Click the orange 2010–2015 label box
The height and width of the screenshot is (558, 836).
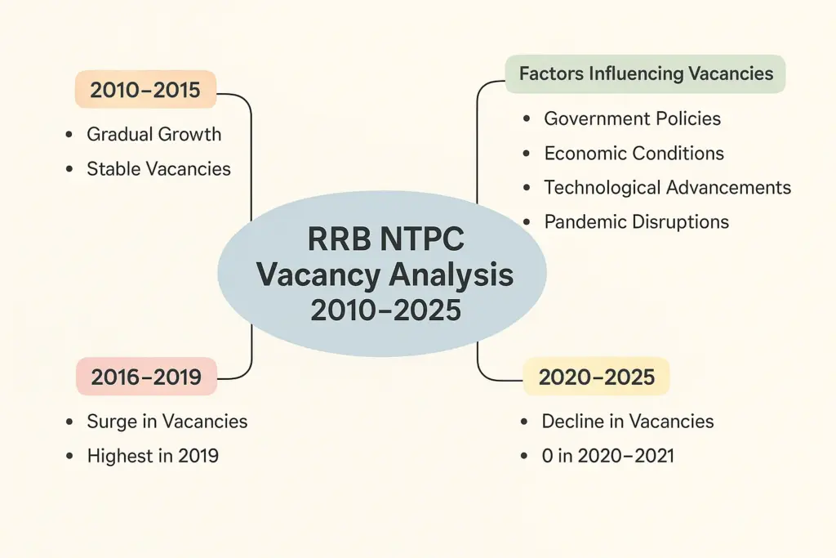(145, 90)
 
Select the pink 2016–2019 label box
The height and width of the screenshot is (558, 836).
(147, 377)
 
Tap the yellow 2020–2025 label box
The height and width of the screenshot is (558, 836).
(596, 377)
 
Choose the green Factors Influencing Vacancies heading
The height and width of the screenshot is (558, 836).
(645, 74)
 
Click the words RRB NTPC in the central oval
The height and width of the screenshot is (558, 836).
(386, 239)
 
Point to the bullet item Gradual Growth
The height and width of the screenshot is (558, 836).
(153, 134)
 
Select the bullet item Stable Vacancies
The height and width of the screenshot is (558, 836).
(159, 168)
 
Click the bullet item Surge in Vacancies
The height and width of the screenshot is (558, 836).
(167, 422)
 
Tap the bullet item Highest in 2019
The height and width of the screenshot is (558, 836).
(153, 456)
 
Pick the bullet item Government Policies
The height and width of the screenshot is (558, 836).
(633, 118)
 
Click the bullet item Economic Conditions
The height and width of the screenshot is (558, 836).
(634, 153)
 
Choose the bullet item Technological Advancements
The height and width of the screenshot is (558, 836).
(668, 187)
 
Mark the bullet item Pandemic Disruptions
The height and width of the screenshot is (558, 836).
(636, 221)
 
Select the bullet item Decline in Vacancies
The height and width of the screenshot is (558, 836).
(628, 422)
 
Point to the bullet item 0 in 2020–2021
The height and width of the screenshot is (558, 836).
(607, 456)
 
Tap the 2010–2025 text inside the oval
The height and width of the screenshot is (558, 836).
(386, 310)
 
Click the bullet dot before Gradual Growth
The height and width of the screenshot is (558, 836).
(69, 135)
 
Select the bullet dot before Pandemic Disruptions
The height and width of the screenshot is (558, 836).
(527, 222)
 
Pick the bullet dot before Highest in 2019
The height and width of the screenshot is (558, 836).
(69, 456)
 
